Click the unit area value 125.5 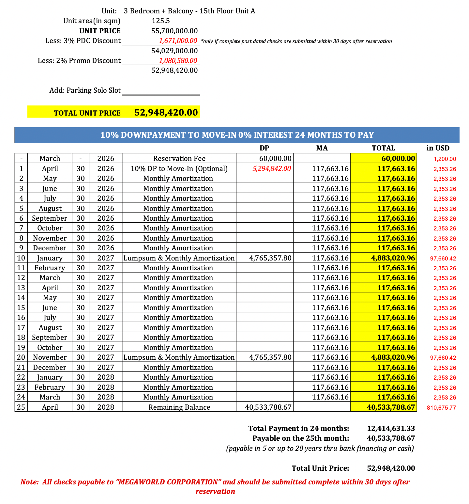coord(161,21)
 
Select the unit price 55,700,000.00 coord(174,31)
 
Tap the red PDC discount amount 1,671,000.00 coord(178,41)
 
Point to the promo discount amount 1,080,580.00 coord(178,61)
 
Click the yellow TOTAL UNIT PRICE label coord(87,113)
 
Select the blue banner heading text coord(237,135)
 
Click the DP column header coord(265,148)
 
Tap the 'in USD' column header coord(438,148)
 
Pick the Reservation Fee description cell coord(179,159)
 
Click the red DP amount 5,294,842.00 coord(272,169)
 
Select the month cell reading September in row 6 coord(50,218)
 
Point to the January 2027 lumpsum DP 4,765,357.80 coord(270,258)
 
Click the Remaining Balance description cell coord(179,407)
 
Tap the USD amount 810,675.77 coord(441,408)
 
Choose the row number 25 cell coord(21,407)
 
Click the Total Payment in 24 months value coord(391,429)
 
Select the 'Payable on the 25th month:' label coord(300,438)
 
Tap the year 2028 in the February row coord(106,387)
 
